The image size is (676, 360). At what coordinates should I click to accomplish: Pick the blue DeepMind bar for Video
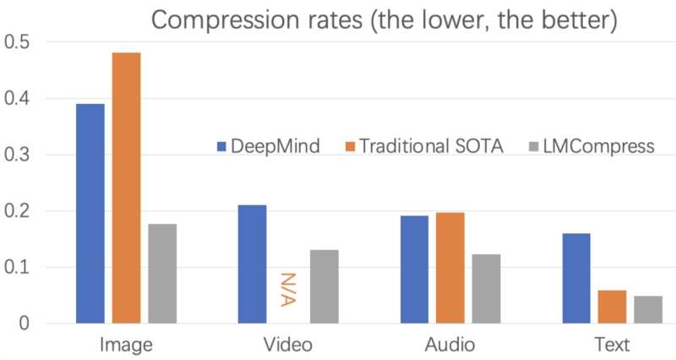[x=252, y=264]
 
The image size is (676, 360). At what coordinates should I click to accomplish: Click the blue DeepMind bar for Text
[x=575, y=278]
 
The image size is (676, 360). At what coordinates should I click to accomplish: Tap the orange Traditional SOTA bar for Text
[x=611, y=306]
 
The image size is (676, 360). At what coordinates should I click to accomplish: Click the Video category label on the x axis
[x=287, y=345]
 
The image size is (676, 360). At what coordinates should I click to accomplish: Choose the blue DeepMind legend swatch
[x=223, y=146]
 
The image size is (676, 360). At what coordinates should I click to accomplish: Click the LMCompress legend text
[x=599, y=146]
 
